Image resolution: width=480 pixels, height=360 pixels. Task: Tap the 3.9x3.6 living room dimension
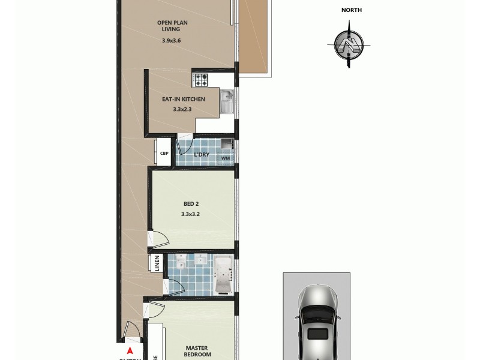coord(171,40)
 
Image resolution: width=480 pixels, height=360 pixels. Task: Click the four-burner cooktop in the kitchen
coord(200,79)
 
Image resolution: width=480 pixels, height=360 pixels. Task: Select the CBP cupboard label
coord(164,154)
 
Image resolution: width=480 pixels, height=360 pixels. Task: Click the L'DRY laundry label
coord(201,155)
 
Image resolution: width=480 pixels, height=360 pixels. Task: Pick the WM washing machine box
coord(226,158)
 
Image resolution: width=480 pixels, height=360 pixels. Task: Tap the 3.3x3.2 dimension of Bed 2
coord(191,214)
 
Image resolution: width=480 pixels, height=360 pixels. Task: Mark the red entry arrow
coord(130,351)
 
